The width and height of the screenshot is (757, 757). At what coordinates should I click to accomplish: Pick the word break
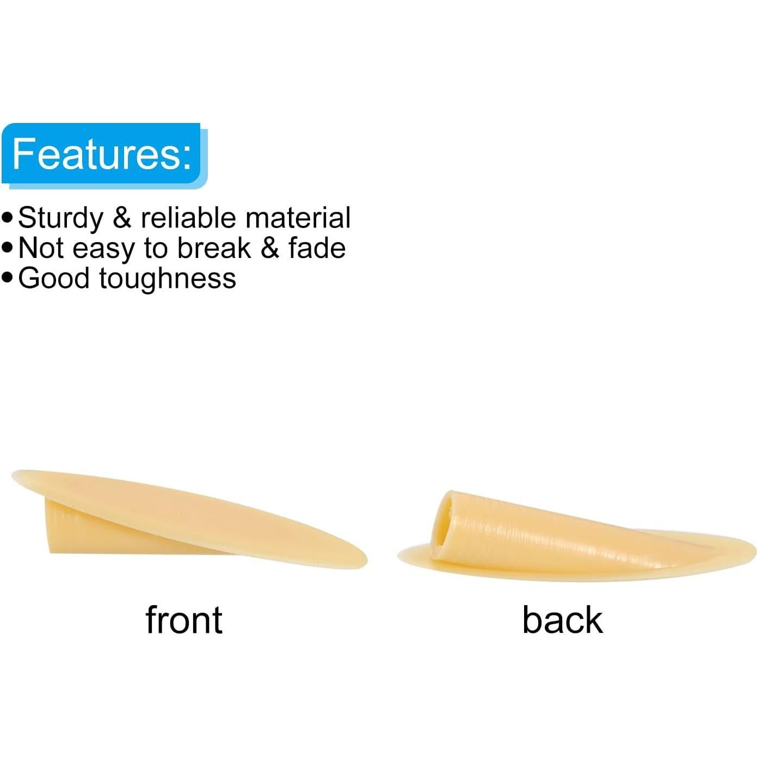point(214,248)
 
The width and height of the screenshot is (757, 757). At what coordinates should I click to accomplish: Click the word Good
point(54,279)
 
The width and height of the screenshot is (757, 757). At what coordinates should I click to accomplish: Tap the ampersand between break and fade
point(269,248)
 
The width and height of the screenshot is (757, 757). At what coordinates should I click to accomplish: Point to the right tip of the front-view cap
point(366,558)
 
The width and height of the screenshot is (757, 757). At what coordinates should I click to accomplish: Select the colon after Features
point(187,156)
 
